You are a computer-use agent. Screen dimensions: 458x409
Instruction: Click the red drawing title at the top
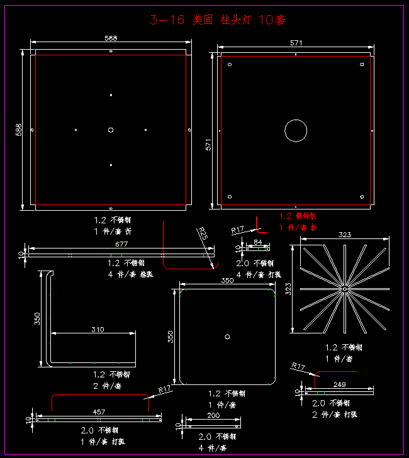[x=218, y=20]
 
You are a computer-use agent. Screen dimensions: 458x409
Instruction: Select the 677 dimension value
[x=121, y=243]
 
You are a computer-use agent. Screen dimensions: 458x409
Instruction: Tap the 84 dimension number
[x=257, y=242]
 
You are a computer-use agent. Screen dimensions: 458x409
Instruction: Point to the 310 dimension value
[x=97, y=329]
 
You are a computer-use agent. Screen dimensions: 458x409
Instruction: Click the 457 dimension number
[x=99, y=411]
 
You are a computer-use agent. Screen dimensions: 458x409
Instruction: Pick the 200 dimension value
[x=213, y=416]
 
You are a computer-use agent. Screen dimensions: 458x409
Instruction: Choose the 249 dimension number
[x=339, y=384]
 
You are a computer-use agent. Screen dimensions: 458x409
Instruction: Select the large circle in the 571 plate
[x=296, y=130]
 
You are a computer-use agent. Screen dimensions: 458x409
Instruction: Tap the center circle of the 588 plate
[x=111, y=130]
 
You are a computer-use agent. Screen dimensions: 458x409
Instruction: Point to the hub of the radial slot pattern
[x=345, y=288]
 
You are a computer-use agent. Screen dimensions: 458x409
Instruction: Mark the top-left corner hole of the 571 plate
[x=230, y=64]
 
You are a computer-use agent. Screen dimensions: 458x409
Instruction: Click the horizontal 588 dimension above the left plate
[x=110, y=38]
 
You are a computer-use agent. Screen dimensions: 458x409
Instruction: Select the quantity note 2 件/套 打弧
[x=335, y=414]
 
